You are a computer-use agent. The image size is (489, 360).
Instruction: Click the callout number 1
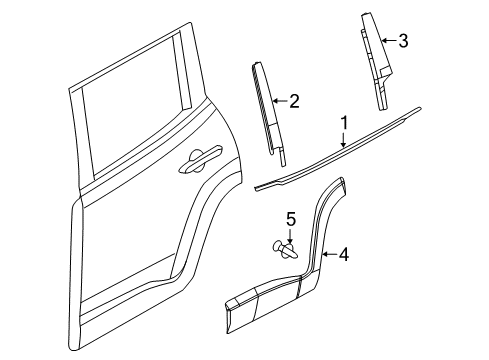(344, 123)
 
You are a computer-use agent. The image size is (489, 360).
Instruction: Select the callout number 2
(294, 99)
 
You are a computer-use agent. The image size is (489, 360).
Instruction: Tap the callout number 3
(402, 41)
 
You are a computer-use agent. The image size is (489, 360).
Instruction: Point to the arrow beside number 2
(282, 99)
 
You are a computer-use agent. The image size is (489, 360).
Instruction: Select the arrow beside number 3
(391, 41)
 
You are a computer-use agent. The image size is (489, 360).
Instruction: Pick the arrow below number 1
(343, 139)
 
